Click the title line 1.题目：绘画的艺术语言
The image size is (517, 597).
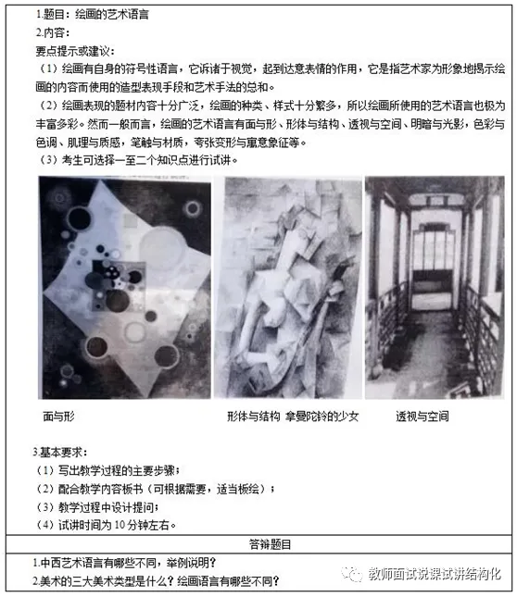(93, 15)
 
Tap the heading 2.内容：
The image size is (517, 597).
(53, 32)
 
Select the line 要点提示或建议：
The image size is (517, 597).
(75, 51)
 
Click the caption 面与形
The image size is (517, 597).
(58, 417)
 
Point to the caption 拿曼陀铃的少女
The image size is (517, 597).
(322, 417)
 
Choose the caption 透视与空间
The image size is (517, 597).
(422, 417)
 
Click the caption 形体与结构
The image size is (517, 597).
(254, 417)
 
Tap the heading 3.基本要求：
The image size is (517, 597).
(60, 452)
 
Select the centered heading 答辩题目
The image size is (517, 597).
(270, 544)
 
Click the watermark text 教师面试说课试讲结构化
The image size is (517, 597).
(435, 574)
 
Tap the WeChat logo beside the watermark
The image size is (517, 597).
(351, 574)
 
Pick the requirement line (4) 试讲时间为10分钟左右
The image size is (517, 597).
(107, 526)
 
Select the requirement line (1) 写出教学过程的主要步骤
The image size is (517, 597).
(108, 470)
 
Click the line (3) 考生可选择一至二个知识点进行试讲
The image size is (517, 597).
(139, 160)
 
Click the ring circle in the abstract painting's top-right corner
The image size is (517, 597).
(192, 208)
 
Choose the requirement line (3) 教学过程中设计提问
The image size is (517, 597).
(97, 507)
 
